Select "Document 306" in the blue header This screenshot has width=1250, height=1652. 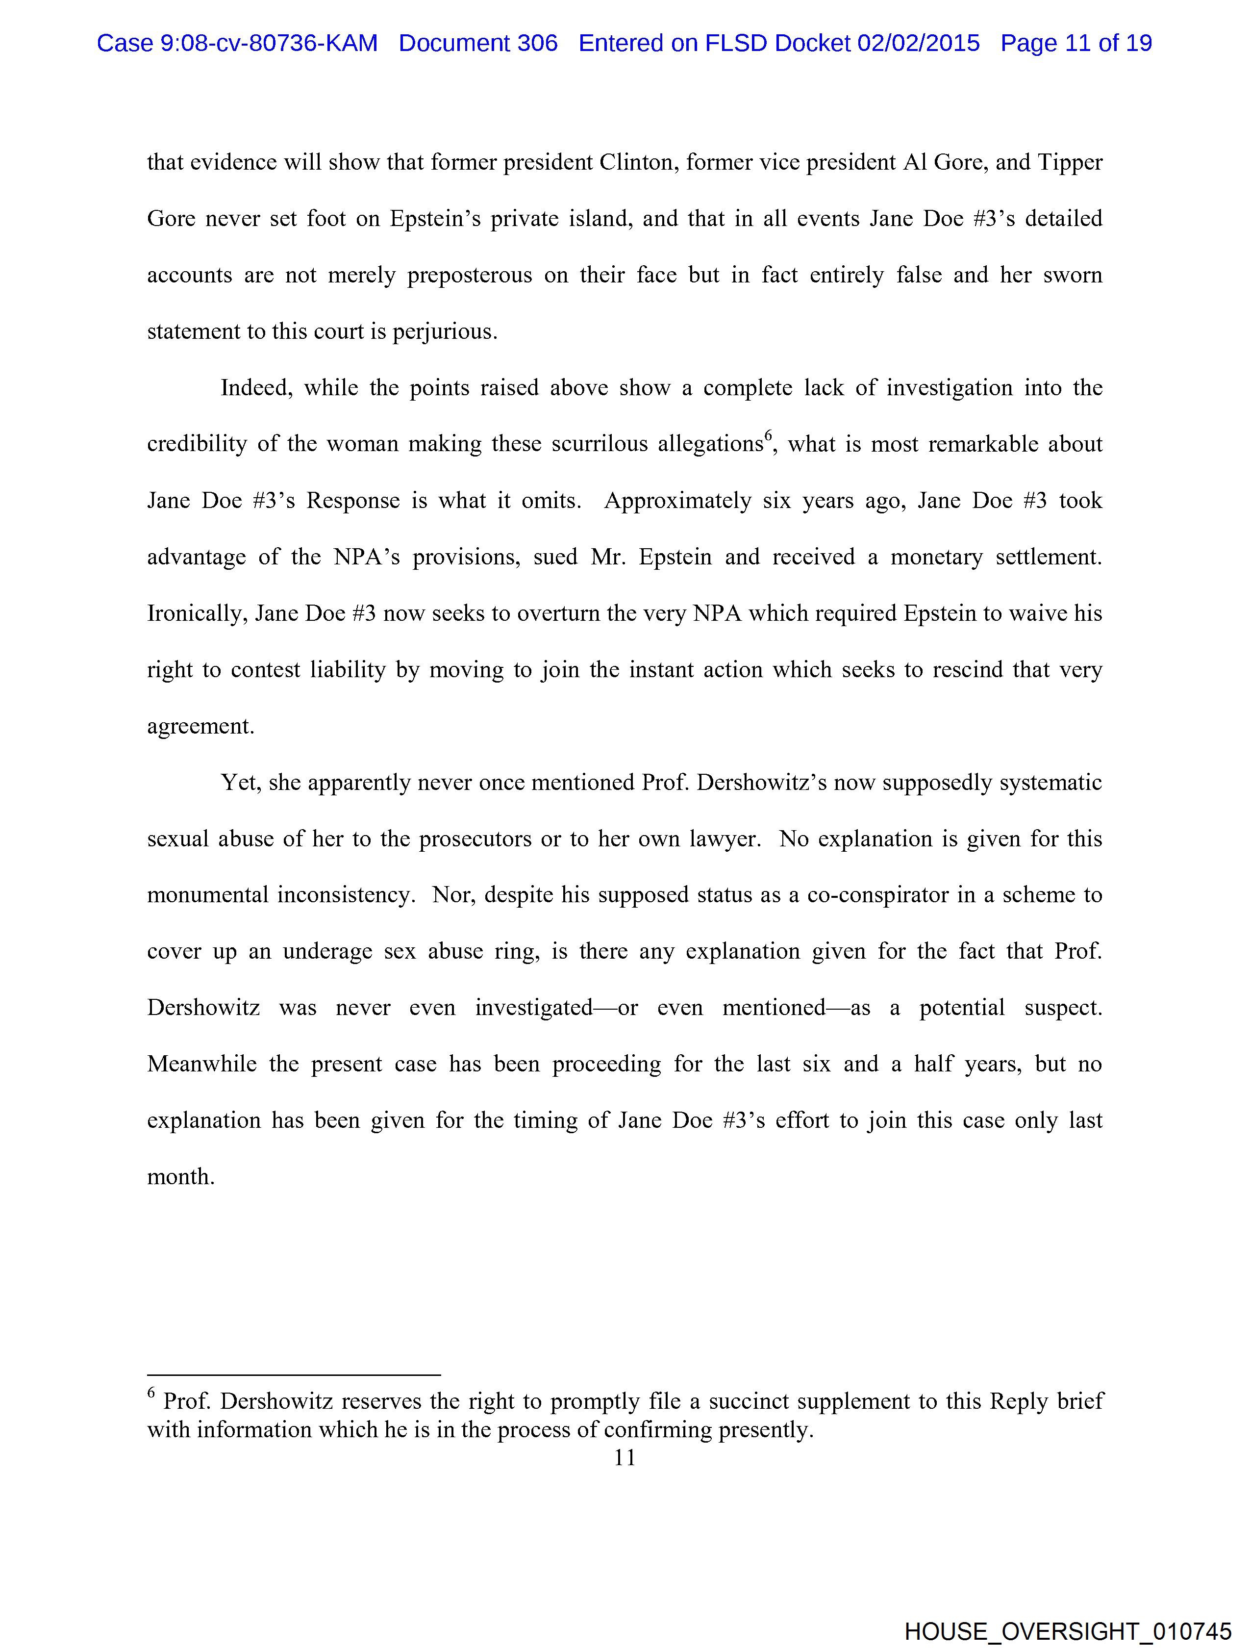coord(478,43)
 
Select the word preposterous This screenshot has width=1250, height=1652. coord(470,276)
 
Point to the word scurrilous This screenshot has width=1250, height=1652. coord(600,444)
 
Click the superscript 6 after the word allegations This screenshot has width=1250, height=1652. coord(768,437)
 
